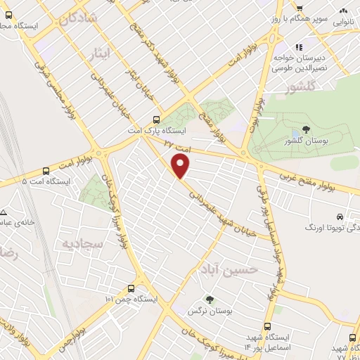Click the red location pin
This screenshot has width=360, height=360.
point(181,165)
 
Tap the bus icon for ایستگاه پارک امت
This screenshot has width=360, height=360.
point(157,120)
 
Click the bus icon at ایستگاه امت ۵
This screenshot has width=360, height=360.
point(46,170)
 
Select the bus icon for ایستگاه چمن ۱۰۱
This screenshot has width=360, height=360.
point(131,289)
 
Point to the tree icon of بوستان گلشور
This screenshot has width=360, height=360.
point(305,129)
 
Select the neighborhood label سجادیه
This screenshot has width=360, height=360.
point(84,244)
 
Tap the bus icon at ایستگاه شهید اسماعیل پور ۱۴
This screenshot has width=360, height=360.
point(268,326)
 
